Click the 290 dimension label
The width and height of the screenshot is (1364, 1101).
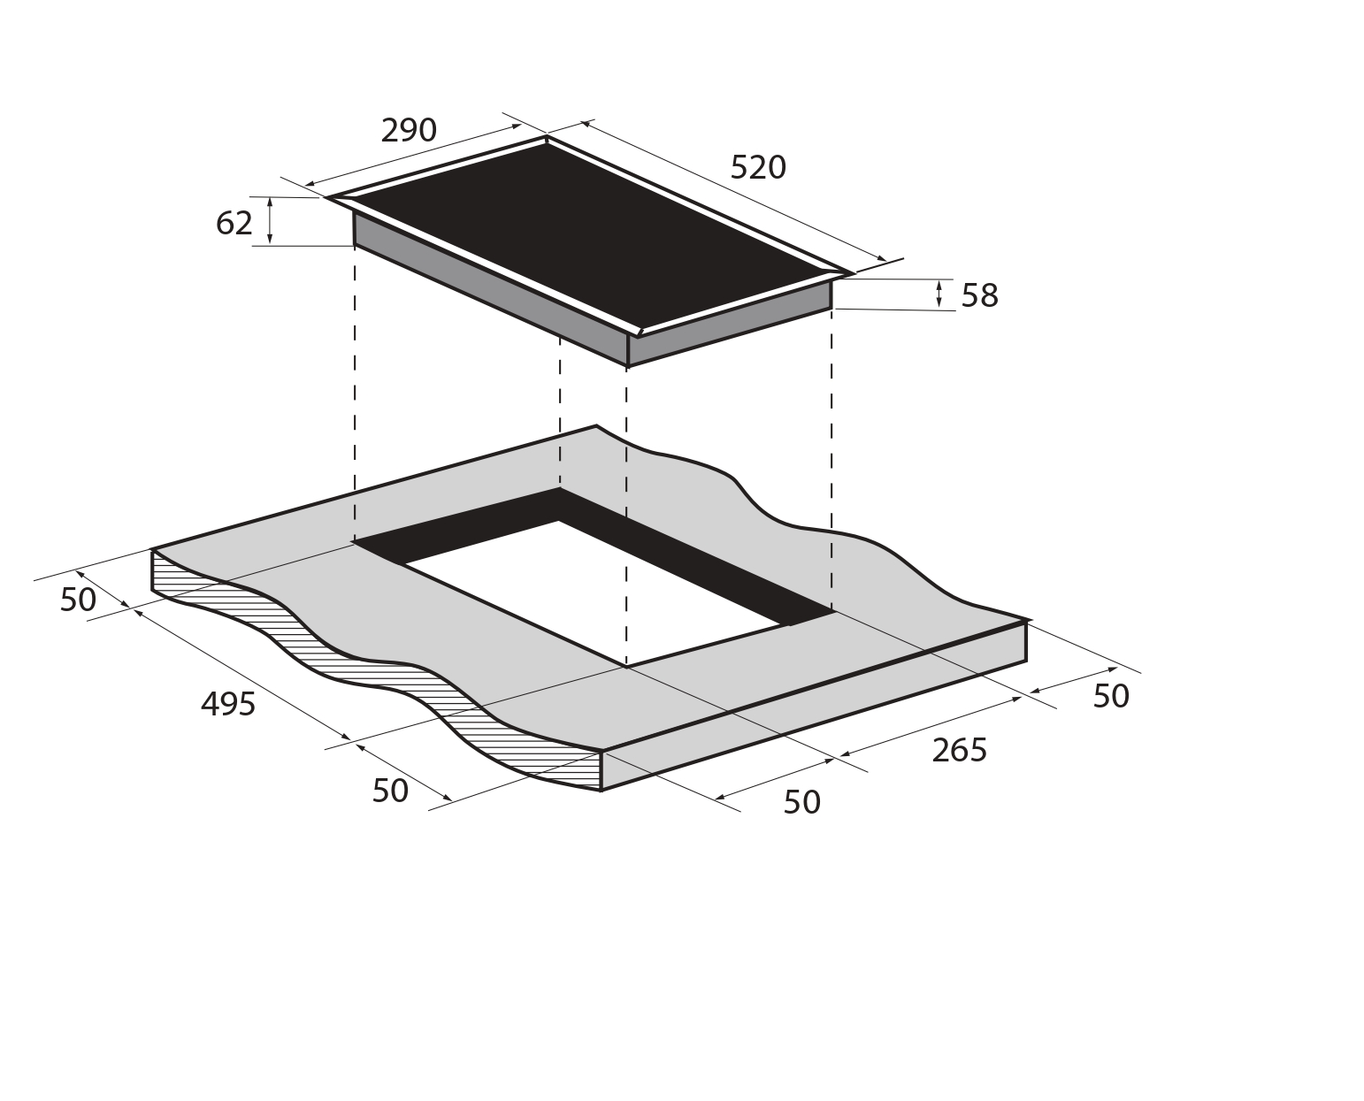tap(409, 131)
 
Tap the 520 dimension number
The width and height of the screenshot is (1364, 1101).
tap(757, 168)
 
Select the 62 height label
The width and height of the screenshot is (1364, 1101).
tap(234, 224)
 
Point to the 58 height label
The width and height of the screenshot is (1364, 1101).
tap(979, 295)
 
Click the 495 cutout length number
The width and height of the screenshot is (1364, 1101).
tap(228, 704)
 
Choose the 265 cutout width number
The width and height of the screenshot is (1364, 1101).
tap(959, 750)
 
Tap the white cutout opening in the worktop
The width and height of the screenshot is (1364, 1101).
tap(593, 593)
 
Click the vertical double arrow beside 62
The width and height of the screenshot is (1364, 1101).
tap(270, 221)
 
